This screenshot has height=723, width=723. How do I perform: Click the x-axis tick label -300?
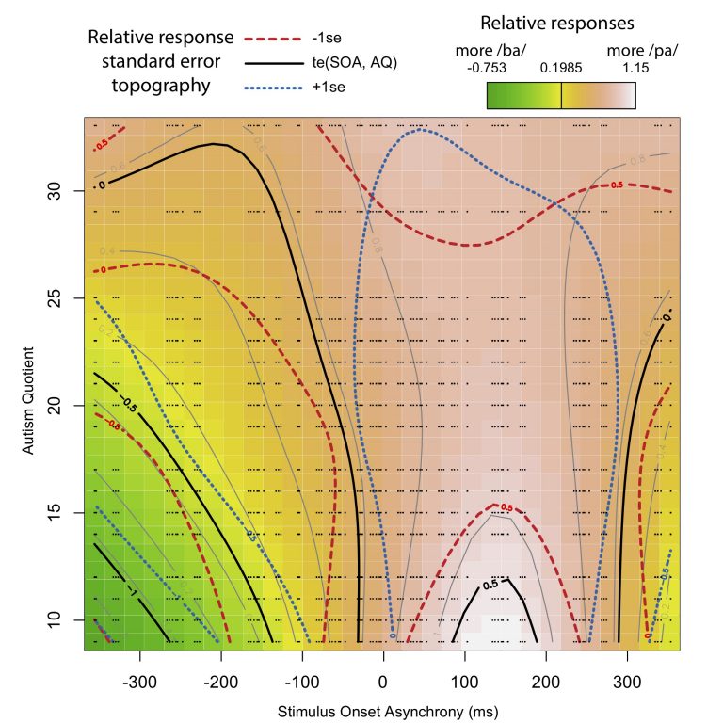tap(139, 678)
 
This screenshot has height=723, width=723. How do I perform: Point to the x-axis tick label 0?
tap(382, 678)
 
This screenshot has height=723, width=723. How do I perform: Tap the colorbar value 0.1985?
tap(560, 68)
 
